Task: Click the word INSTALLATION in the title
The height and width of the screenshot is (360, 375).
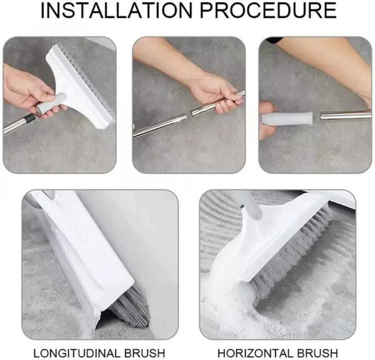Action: click(116, 10)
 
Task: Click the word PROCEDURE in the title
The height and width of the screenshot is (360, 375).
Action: click(268, 10)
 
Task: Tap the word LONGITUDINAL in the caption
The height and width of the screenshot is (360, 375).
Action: click(77, 353)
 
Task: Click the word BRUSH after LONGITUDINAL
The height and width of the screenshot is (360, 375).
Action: click(145, 353)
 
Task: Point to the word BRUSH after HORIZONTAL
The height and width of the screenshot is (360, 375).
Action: click(317, 353)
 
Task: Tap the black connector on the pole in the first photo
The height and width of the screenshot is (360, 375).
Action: click(30, 119)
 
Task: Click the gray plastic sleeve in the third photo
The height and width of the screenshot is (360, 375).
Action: click(287, 119)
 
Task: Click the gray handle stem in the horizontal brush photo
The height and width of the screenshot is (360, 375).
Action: click(252, 205)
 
